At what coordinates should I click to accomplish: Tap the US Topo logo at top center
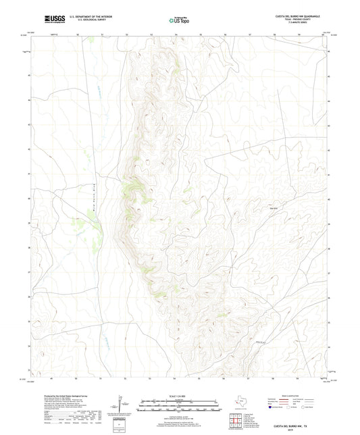(x=180, y=20)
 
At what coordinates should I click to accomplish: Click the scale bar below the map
(x=179, y=405)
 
